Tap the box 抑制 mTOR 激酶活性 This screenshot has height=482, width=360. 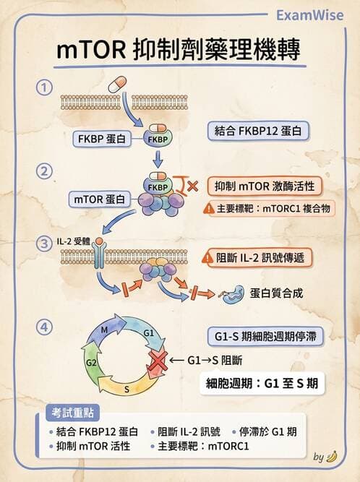tap(263, 186)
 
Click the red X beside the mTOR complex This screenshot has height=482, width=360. tap(192, 187)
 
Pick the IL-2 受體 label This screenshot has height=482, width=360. tap(72, 238)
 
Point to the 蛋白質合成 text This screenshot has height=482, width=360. tap(278, 294)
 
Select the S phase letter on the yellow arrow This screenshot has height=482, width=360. tap(127, 389)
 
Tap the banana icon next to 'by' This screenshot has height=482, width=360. tap(332, 457)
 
